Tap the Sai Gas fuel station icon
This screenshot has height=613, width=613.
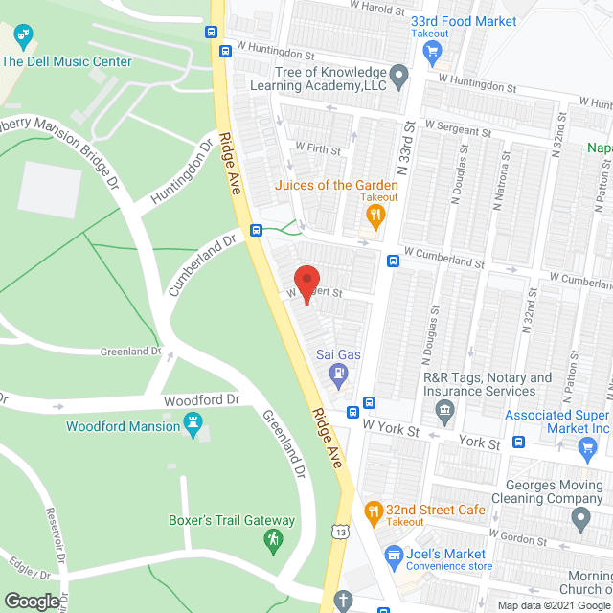(x=338, y=374)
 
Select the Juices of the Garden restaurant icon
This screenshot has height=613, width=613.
(x=377, y=215)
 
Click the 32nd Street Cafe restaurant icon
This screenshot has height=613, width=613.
(x=373, y=510)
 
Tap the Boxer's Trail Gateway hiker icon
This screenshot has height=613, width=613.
(x=274, y=541)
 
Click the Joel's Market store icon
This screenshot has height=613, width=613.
(x=392, y=555)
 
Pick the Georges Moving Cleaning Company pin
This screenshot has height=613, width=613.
(x=579, y=520)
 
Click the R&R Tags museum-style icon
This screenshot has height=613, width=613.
(x=443, y=413)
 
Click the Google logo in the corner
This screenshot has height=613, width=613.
(x=32, y=601)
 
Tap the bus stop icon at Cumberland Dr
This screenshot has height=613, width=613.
(x=256, y=230)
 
